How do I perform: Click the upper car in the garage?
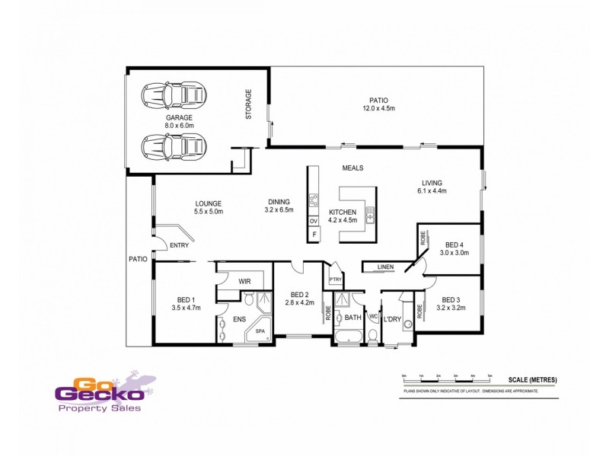click(174, 95)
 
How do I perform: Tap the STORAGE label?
click(248, 104)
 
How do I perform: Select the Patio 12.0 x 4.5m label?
click(378, 104)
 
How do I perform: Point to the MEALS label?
click(352, 168)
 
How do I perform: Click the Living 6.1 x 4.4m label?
click(434, 187)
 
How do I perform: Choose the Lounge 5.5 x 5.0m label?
click(208, 206)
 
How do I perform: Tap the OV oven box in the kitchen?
click(313, 221)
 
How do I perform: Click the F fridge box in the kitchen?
click(313, 235)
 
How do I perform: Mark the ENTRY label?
click(179, 245)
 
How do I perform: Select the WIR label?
click(244, 281)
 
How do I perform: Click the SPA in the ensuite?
click(260, 331)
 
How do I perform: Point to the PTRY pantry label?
click(335, 280)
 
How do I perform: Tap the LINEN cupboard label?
click(384, 267)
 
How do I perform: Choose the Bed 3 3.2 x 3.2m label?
click(451, 304)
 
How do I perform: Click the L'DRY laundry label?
click(392, 318)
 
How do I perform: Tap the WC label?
click(373, 315)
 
